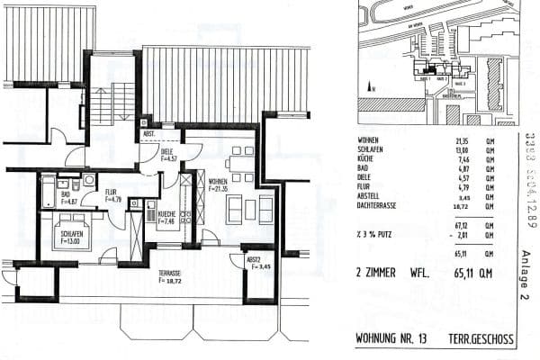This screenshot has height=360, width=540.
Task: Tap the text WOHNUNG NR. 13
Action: point(392,338)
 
